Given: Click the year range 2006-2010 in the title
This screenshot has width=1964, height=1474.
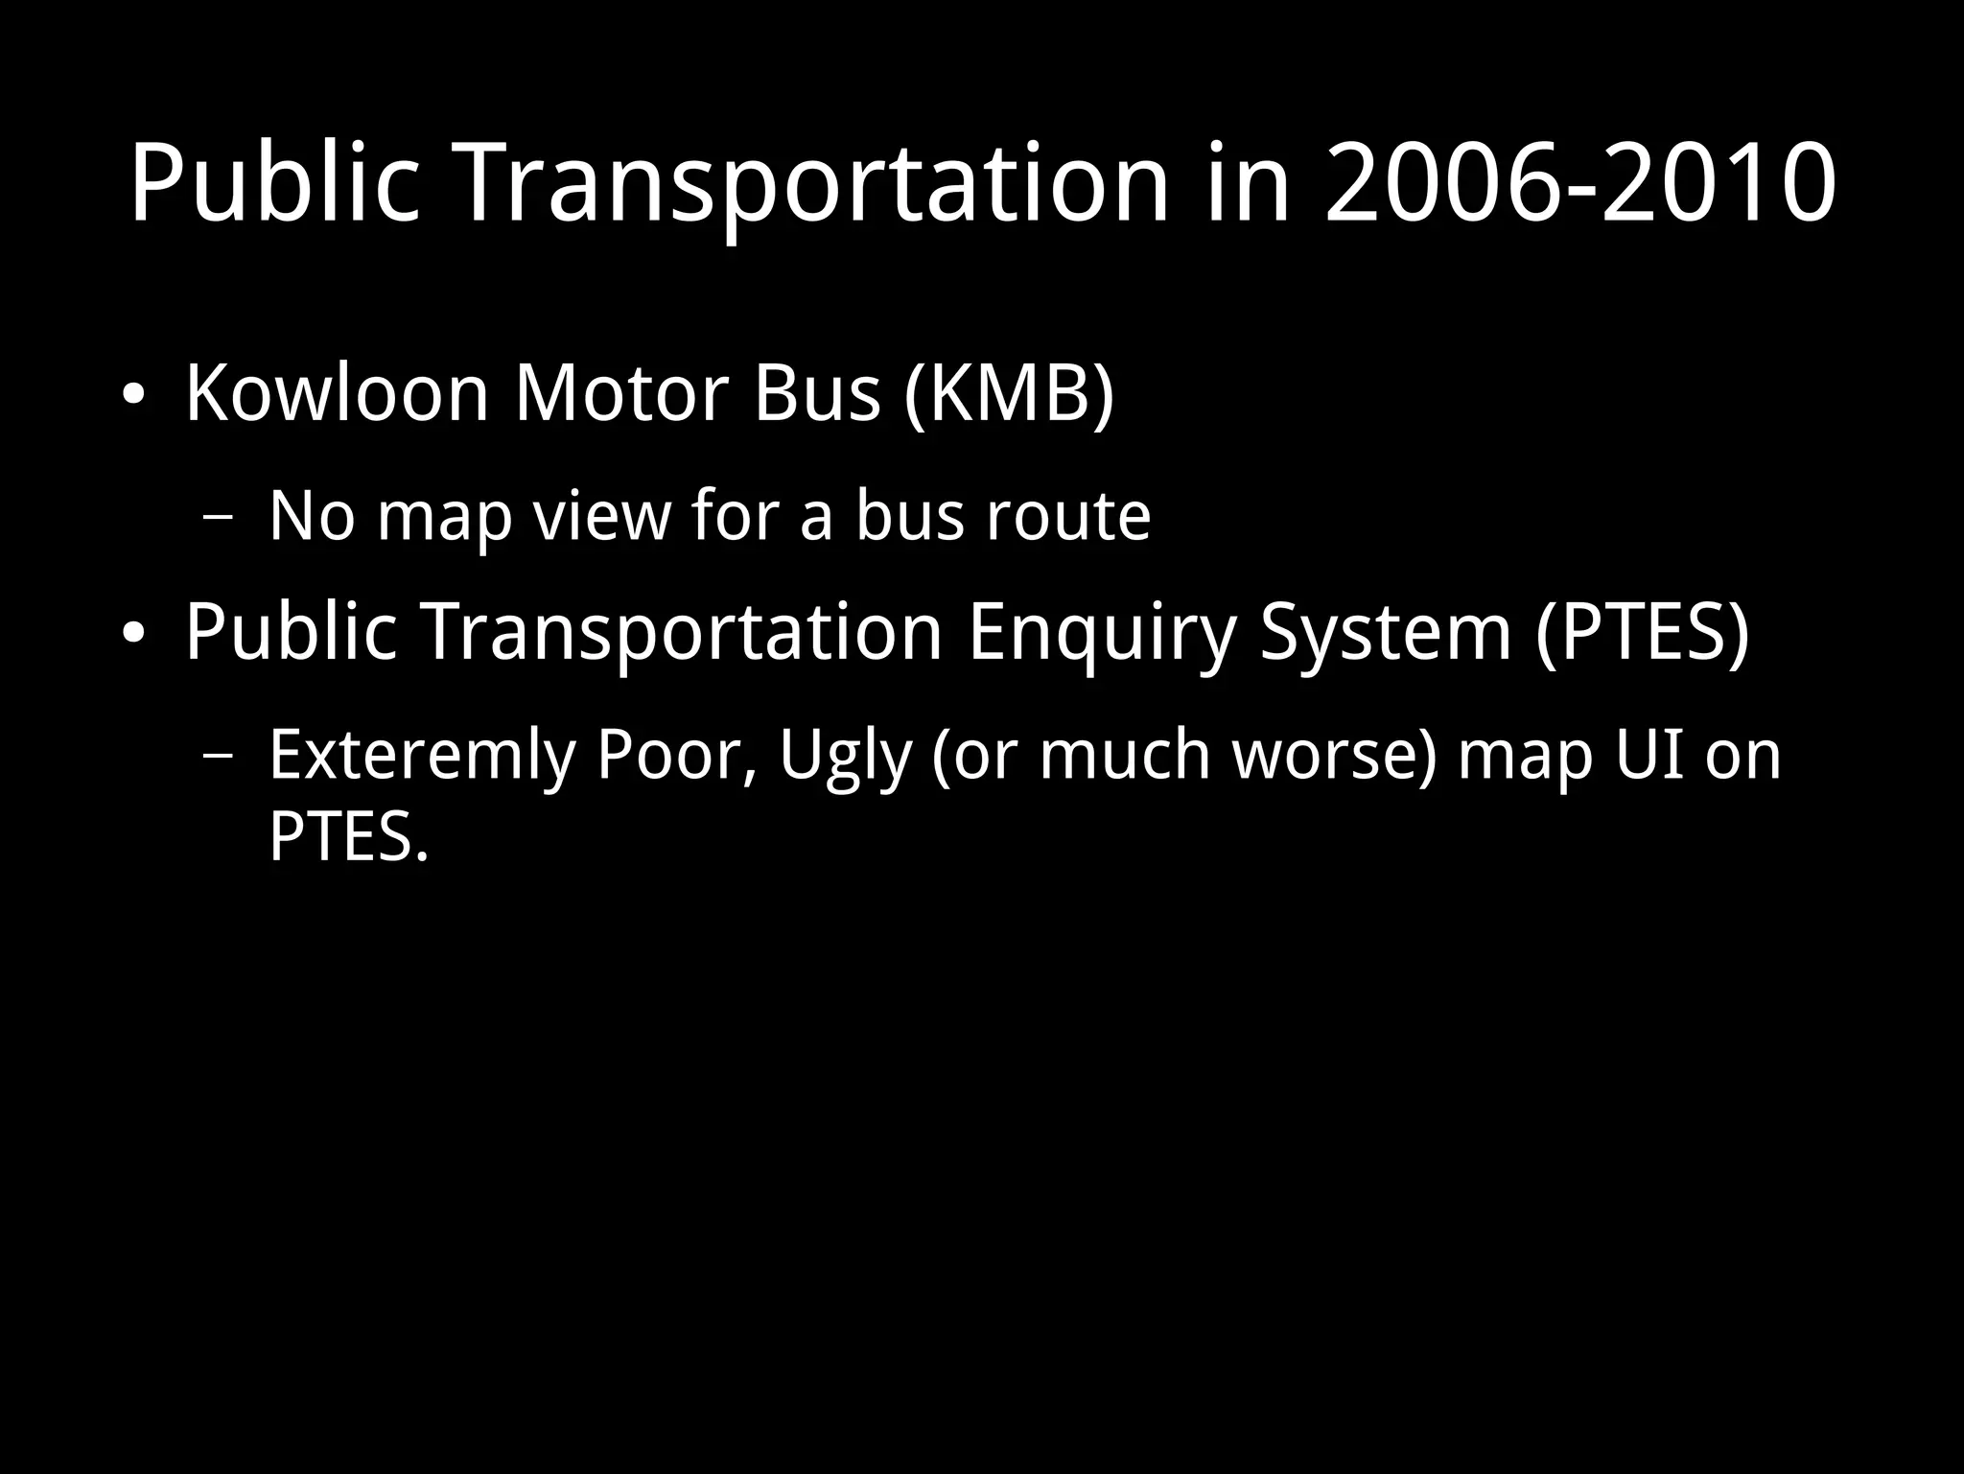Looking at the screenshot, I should (1580, 182).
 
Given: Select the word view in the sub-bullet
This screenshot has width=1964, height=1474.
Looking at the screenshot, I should (601, 516).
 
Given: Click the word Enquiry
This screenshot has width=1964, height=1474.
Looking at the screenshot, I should (1102, 632).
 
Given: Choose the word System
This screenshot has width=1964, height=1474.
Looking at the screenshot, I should (1385, 632).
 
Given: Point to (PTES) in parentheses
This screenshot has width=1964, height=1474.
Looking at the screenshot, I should (1642, 632).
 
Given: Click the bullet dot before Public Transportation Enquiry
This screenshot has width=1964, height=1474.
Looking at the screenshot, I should (133, 634).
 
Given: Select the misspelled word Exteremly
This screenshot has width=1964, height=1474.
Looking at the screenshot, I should (422, 755).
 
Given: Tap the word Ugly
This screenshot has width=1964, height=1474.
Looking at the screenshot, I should (844, 755).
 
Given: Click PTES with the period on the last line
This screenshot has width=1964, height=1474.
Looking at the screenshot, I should (348, 836).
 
